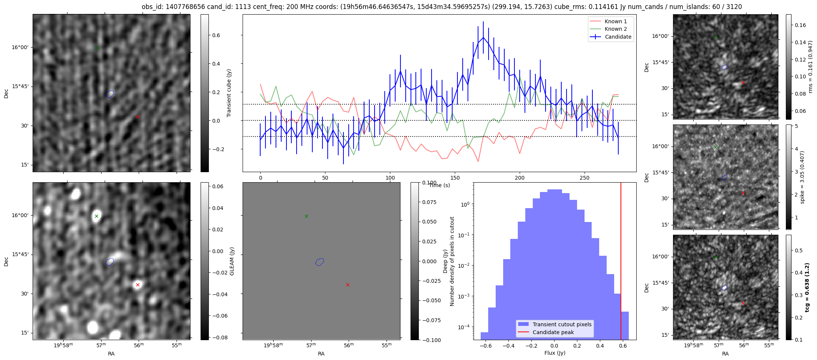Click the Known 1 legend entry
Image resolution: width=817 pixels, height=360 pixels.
(615, 21)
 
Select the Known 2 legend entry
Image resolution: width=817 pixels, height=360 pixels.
(615, 29)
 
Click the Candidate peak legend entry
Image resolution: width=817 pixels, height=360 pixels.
(553, 332)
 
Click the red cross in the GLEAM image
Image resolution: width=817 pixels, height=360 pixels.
(138, 285)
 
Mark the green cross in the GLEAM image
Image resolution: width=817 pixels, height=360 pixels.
(96, 216)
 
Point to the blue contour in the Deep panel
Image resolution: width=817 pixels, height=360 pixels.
(319, 262)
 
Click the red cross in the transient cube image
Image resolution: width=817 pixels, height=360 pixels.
(138, 117)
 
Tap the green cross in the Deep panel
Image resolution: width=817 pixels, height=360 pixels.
(306, 216)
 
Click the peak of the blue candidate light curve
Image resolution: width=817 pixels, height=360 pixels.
(483, 37)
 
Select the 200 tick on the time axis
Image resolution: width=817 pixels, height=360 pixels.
(520, 178)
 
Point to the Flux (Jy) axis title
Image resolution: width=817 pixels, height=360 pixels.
(555, 353)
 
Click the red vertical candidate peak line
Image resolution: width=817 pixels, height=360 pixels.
(621, 262)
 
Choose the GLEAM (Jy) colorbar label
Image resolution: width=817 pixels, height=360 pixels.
(232, 261)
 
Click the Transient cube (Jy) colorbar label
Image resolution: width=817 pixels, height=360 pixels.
(229, 93)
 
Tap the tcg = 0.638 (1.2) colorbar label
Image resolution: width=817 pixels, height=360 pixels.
(807, 287)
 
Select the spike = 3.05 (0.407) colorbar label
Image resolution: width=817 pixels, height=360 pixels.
(802, 177)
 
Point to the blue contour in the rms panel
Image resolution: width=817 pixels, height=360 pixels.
(724, 67)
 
